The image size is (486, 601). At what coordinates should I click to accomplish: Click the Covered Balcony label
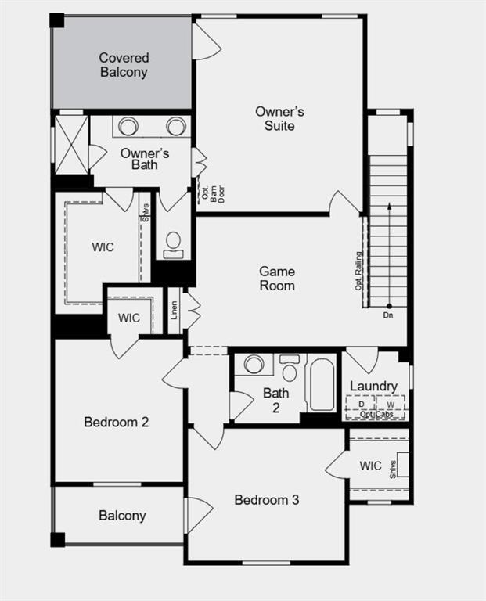pos(124,65)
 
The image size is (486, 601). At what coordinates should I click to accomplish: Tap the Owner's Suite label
pos(279,118)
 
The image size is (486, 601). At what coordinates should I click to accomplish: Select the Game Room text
pos(278,279)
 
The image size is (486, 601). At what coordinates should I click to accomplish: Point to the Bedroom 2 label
pos(116,423)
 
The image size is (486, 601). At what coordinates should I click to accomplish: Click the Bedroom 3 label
pos(266,499)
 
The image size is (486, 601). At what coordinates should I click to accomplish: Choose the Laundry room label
pos(373,386)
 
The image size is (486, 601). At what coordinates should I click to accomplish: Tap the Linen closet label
pos(174,310)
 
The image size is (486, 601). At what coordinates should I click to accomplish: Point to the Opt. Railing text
pos(359,271)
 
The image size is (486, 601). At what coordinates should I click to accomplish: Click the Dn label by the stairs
pos(388,315)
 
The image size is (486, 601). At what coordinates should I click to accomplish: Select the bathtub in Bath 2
pos(322,384)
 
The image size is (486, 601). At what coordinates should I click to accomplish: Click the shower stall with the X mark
pos(71,146)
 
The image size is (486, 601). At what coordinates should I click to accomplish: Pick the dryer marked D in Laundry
pos(362,404)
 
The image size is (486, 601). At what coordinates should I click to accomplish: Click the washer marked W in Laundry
pos(391,404)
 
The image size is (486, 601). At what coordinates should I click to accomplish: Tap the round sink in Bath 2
pos(254,365)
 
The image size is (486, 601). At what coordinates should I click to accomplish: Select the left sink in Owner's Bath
pos(128,126)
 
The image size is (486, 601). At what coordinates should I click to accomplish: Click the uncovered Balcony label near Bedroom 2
pos(122,516)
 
